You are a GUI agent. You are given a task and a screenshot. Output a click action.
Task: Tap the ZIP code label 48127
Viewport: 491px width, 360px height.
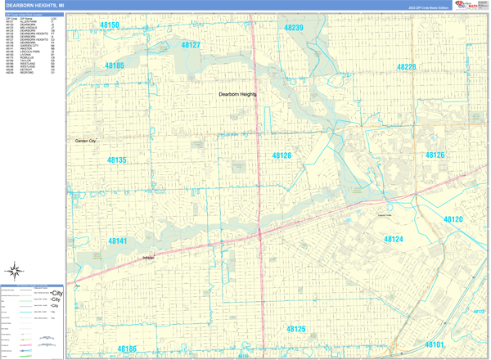pos(191,45)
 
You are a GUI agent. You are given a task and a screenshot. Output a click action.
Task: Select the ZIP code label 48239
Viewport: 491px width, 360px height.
pos(294,28)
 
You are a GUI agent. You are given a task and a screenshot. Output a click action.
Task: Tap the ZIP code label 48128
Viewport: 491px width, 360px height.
pos(282,155)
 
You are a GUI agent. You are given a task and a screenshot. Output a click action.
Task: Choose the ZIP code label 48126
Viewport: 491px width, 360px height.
pos(435,155)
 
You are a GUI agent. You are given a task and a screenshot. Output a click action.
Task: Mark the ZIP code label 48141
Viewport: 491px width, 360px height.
pos(118,241)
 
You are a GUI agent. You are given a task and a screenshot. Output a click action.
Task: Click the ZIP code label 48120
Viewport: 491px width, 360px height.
pos(453,220)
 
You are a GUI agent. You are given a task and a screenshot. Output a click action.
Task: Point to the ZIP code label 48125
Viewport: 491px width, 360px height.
pos(295,329)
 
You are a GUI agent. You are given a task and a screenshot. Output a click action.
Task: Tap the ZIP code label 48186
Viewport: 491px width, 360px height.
pos(126,349)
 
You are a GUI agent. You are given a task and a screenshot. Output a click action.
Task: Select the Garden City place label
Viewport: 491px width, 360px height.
pos(86,142)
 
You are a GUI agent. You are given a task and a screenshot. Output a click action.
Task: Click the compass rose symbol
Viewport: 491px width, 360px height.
pos(15,271)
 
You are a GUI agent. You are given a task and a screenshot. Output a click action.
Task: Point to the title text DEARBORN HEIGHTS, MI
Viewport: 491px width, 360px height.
pos(34,6)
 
